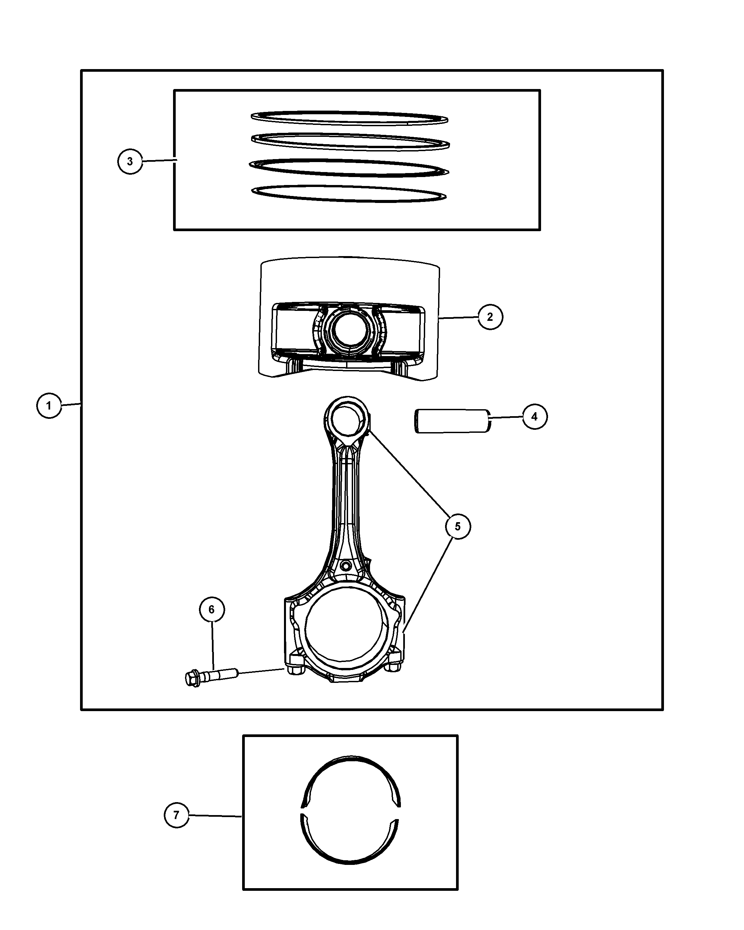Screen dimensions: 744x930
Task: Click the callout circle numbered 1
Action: click(49, 406)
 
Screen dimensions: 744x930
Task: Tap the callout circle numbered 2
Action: click(490, 317)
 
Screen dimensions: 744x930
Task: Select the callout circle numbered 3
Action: click(130, 161)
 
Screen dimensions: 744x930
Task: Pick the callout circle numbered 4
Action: click(535, 417)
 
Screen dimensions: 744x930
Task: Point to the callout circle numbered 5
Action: click(458, 526)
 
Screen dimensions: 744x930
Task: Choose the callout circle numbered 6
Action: click(212, 609)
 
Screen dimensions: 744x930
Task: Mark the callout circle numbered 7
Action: click(177, 815)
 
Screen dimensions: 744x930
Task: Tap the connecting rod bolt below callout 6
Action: click(211, 677)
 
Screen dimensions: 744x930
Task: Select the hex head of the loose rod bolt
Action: click(192, 678)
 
